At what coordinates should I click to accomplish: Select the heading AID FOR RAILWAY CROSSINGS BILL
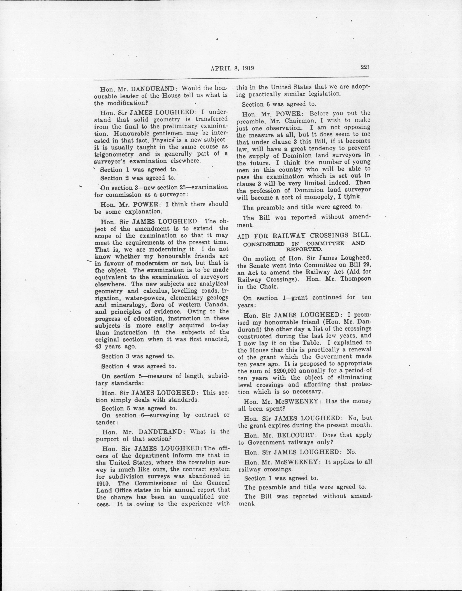coord(304,235)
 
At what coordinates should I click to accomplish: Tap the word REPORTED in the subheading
coord(304,249)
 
